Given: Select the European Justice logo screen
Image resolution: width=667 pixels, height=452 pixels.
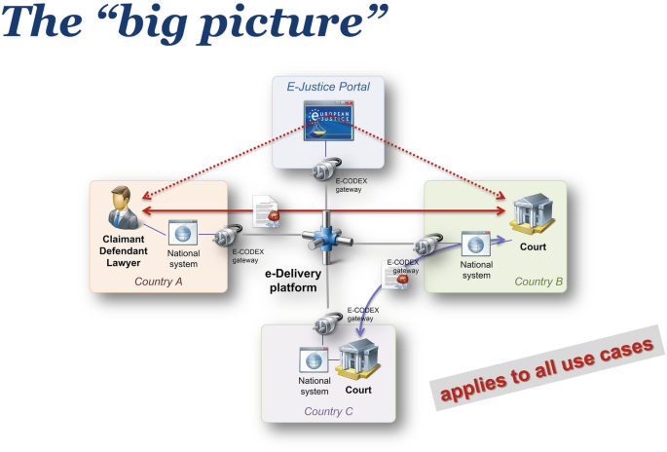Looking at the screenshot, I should [329, 125].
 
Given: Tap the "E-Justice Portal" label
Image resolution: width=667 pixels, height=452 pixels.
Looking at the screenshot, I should [328, 88].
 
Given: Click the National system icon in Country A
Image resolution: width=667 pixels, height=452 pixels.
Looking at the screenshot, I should [183, 232].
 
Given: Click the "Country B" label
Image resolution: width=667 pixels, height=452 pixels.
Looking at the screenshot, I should [538, 281].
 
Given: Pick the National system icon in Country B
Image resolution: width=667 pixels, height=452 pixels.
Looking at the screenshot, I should [476, 244].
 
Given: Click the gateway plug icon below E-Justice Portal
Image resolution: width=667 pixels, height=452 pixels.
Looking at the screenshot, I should [325, 172].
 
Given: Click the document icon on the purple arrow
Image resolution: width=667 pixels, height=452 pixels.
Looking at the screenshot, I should [394, 278].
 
